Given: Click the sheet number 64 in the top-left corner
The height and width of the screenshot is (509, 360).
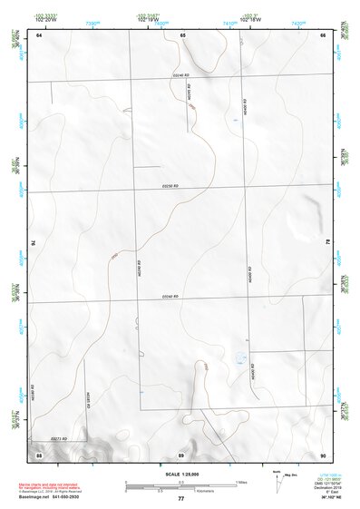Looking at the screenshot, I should click(39, 34).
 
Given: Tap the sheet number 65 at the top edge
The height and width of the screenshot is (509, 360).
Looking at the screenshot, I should click(182, 34).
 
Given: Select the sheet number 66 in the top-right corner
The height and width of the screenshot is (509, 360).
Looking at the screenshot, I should click(323, 34).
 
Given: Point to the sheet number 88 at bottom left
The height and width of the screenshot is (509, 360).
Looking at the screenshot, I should click(39, 453).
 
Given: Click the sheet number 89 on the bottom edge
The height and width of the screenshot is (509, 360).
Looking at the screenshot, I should click(181, 453).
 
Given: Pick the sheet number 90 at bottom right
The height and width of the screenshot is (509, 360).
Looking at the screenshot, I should click(323, 453).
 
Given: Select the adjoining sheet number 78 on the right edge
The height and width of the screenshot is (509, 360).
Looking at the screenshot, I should click(327, 243).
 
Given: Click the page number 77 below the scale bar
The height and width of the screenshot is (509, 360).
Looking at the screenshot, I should click(180, 499).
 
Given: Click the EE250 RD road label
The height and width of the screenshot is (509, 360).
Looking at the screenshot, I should click(170, 187).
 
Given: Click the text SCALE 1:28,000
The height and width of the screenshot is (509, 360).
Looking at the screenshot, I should click(180, 474).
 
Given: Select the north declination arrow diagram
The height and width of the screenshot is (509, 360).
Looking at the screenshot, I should click(281, 478).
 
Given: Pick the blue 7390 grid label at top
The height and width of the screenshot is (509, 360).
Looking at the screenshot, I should click(92, 22).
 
